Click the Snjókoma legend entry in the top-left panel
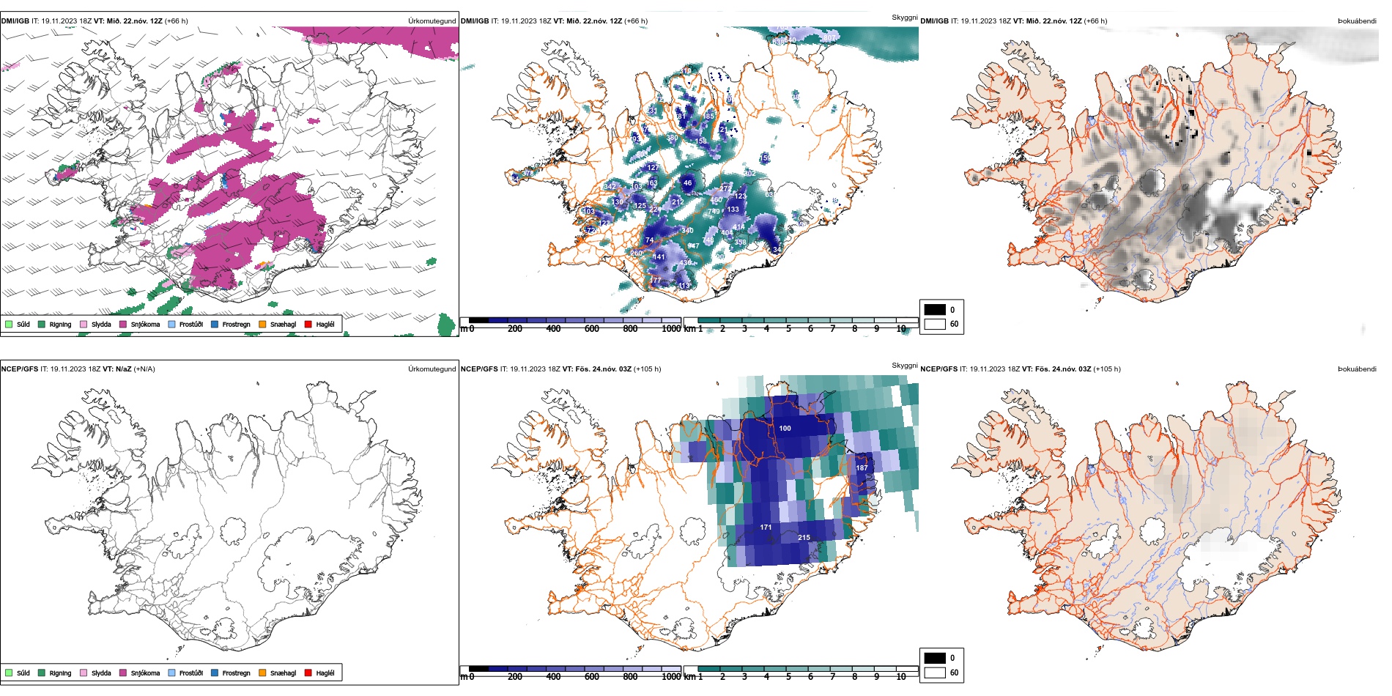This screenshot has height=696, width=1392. click(145, 324)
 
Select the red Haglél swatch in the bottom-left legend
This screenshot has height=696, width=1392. click(308, 673)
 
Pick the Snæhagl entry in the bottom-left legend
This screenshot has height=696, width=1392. click(283, 673)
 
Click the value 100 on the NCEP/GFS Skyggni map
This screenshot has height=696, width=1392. click(785, 428)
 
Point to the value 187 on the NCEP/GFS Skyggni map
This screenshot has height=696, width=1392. click(862, 467)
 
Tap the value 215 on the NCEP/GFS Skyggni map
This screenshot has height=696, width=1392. click(804, 537)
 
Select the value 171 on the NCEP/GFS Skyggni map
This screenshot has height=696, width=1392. click(766, 527)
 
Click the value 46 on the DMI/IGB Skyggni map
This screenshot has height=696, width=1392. click(687, 183)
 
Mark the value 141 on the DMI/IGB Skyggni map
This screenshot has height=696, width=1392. click(659, 257)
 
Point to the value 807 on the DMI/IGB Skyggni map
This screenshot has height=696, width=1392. click(829, 38)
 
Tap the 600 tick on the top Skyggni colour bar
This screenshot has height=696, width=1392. click(592, 329)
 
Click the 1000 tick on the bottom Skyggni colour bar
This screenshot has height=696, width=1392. click(671, 677)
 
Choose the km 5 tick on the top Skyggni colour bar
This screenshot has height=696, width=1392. click(788, 329)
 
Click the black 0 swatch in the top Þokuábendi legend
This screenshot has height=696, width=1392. click(935, 310)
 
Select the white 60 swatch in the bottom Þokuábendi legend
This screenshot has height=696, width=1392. click(935, 672)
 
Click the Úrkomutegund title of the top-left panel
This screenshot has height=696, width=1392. click(432, 21)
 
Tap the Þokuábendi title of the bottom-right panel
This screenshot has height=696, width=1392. click(1357, 369)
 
